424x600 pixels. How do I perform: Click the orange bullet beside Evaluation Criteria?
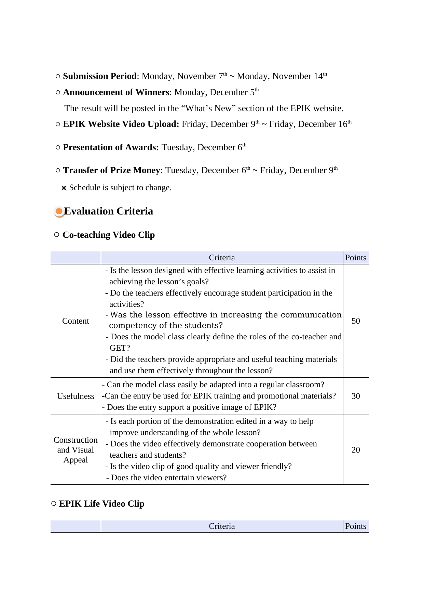coord(59,212)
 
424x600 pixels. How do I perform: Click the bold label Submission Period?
coord(100,76)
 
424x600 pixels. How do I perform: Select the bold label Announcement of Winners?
coord(116,92)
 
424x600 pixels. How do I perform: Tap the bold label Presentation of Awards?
coord(111,147)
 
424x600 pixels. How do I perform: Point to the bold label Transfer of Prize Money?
coord(111,170)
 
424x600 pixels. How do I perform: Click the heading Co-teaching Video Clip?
coord(109,235)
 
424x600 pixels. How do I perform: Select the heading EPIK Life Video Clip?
coord(101,504)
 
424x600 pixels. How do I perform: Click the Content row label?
coord(76,321)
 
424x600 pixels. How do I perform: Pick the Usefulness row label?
coord(76,396)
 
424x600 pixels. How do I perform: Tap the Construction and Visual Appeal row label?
coord(76,450)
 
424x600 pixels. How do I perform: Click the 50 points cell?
coord(356,321)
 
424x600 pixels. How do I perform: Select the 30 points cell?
coord(356,396)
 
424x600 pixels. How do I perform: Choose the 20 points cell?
coord(356,450)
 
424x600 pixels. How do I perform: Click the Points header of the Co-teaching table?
coord(356,258)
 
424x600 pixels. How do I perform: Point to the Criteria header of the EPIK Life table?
coord(222,526)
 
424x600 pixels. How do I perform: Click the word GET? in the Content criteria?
coord(120,348)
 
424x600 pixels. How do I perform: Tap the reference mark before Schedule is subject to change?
coord(64,188)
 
